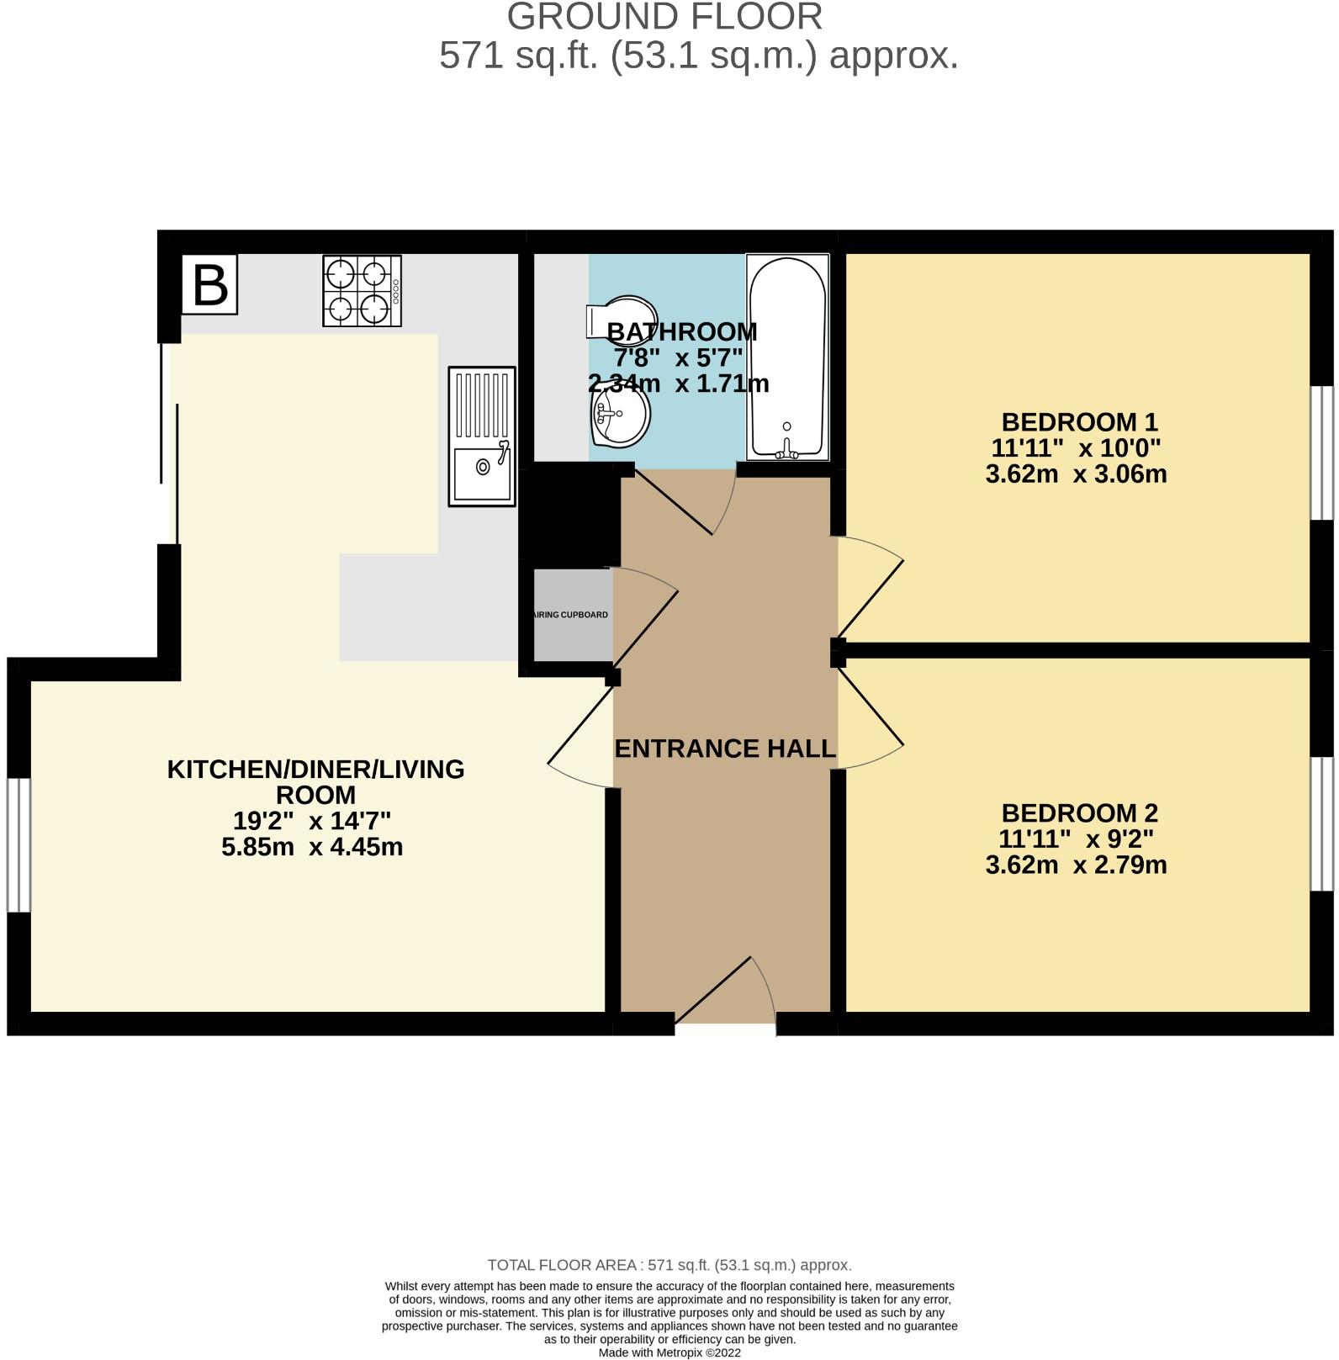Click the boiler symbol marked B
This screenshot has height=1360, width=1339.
(209, 284)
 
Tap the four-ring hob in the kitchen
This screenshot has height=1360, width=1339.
(362, 291)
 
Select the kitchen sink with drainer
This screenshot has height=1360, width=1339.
(482, 436)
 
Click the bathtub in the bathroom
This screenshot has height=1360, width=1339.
(787, 357)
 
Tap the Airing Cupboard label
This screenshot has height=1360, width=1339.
(571, 615)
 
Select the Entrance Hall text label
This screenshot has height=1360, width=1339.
(725, 749)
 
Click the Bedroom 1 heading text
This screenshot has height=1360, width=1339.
(1079, 421)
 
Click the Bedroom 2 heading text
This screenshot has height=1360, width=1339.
(1079, 813)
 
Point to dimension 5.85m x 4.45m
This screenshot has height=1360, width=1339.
(312, 847)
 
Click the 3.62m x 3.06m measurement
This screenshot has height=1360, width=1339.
(1076, 474)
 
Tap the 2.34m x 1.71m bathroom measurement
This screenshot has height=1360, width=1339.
(678, 384)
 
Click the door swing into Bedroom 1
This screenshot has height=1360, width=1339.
(870, 585)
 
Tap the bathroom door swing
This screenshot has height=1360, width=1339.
(681, 501)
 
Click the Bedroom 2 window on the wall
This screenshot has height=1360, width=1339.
(1323, 823)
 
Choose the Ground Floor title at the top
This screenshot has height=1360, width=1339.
(664, 17)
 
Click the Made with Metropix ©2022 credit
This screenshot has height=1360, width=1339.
(669, 1352)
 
